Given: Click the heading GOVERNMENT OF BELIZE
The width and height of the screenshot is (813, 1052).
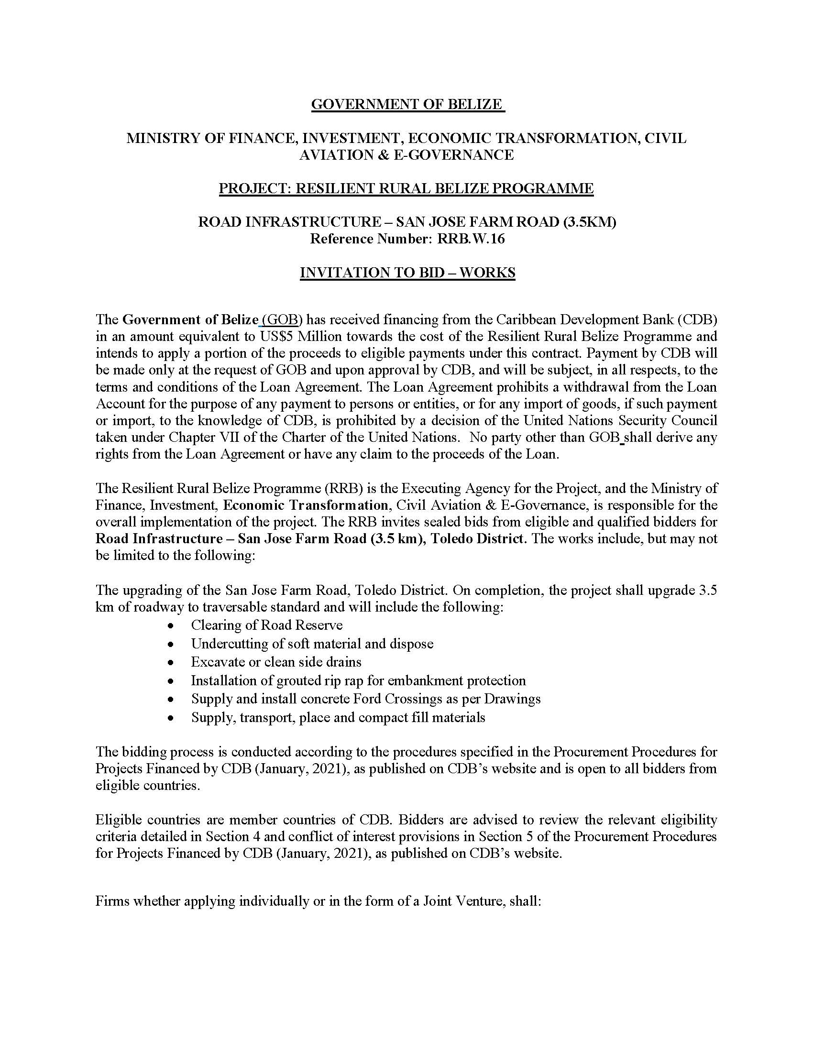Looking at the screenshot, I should [x=407, y=104].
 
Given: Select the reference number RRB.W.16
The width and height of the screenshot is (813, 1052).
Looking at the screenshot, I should [x=471, y=239].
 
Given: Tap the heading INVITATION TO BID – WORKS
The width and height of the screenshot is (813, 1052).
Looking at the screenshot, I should [x=407, y=273].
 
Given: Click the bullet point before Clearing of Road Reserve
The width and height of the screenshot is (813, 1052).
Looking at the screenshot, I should [x=170, y=626].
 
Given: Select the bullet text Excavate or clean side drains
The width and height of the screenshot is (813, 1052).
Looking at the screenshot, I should [x=276, y=662].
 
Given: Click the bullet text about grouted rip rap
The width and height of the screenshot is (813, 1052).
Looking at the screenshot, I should [x=358, y=680].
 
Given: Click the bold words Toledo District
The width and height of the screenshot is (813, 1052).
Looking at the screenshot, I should [x=476, y=538].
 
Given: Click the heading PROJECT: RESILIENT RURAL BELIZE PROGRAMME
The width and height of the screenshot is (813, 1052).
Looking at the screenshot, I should [x=406, y=188].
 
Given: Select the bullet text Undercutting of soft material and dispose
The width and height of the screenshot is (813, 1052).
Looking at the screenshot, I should [x=312, y=644].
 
